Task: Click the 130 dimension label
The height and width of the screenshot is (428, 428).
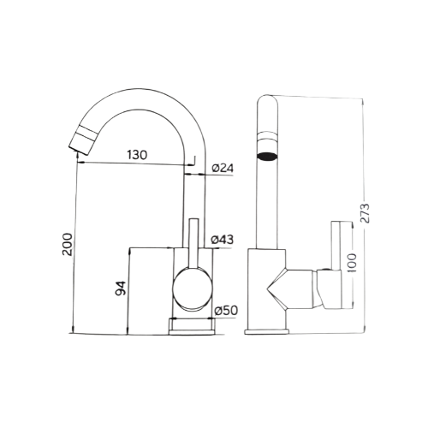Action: [137, 155]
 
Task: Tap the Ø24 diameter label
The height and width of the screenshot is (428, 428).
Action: [223, 168]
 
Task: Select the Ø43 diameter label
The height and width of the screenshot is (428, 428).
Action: [222, 240]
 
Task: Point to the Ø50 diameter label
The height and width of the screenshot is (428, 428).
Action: [226, 311]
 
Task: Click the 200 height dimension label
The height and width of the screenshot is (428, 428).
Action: [68, 244]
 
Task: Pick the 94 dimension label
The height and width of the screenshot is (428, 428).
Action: [120, 288]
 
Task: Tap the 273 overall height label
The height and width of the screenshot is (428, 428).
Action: [365, 213]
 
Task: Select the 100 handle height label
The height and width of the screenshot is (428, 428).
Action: [353, 263]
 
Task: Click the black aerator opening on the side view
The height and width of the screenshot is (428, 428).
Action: [267, 156]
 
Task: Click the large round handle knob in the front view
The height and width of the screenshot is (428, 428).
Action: [193, 289]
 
